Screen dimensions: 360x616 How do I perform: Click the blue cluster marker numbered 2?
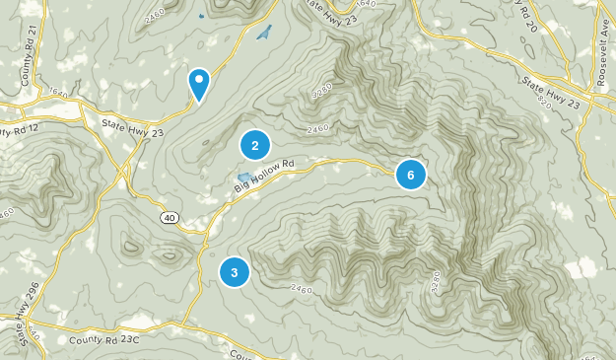[255, 146]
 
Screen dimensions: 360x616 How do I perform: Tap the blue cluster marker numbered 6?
[410, 176]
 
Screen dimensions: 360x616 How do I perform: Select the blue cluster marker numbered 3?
[235, 271]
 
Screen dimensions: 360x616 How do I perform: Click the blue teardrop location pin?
[199, 83]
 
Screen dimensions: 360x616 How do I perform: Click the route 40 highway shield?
[171, 216]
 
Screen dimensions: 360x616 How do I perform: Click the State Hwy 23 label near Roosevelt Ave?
[559, 90]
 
